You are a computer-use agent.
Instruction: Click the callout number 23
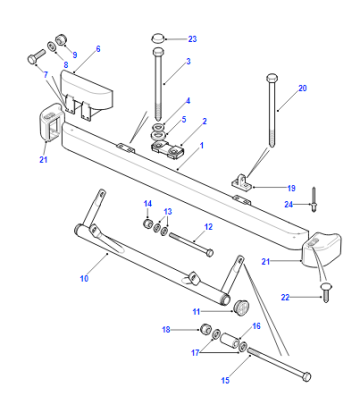(192, 39)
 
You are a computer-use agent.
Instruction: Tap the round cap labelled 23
(158, 38)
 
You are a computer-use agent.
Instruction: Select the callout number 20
(302, 88)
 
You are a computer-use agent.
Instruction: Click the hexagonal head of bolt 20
(272, 78)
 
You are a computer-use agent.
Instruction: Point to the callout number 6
(98, 49)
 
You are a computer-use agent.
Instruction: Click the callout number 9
(75, 55)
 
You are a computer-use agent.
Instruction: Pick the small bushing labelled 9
(61, 39)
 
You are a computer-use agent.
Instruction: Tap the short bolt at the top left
(35, 57)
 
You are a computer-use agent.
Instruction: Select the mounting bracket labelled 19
(241, 180)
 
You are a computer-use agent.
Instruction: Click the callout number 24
(288, 204)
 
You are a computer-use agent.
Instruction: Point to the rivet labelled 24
(313, 200)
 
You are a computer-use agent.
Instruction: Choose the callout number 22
(285, 297)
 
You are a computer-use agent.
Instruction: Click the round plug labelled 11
(241, 307)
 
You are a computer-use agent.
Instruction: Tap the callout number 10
(84, 278)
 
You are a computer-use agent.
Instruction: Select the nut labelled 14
(148, 224)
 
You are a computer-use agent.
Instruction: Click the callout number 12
(208, 227)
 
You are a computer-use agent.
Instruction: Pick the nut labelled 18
(205, 330)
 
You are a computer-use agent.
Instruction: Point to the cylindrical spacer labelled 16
(230, 340)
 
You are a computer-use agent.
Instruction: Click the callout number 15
(225, 380)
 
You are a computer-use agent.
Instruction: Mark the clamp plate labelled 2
(169, 150)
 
